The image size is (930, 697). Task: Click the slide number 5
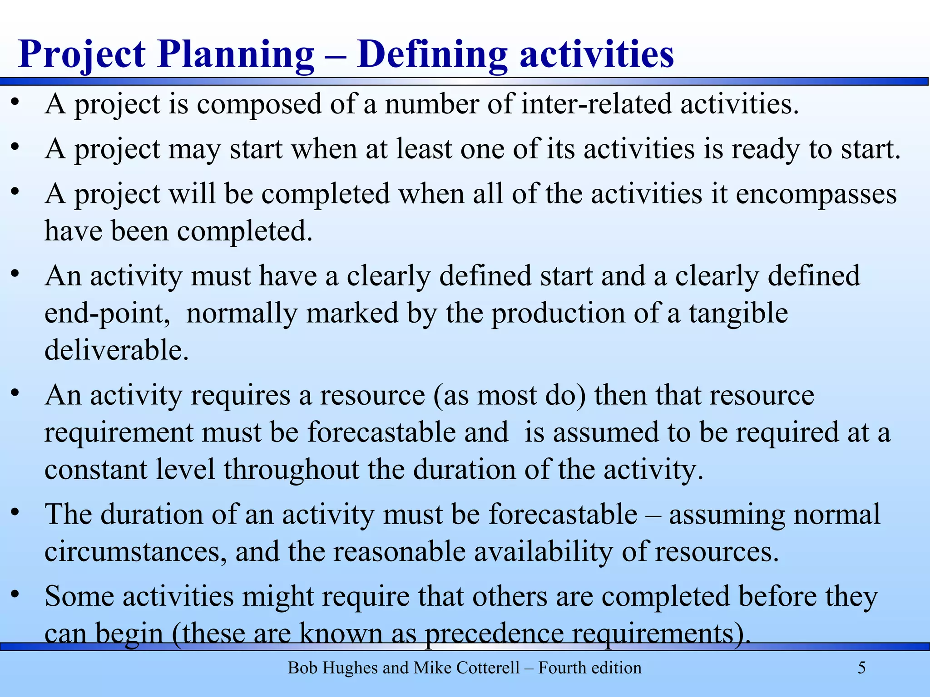click(861, 668)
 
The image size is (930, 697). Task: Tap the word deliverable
click(116, 350)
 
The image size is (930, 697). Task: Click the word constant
click(96, 469)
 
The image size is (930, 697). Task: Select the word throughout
click(291, 469)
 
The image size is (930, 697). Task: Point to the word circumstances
click(135, 552)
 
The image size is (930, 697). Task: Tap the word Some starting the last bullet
click(79, 596)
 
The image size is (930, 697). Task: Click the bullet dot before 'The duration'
click(15, 512)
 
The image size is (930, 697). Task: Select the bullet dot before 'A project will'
click(15, 191)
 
